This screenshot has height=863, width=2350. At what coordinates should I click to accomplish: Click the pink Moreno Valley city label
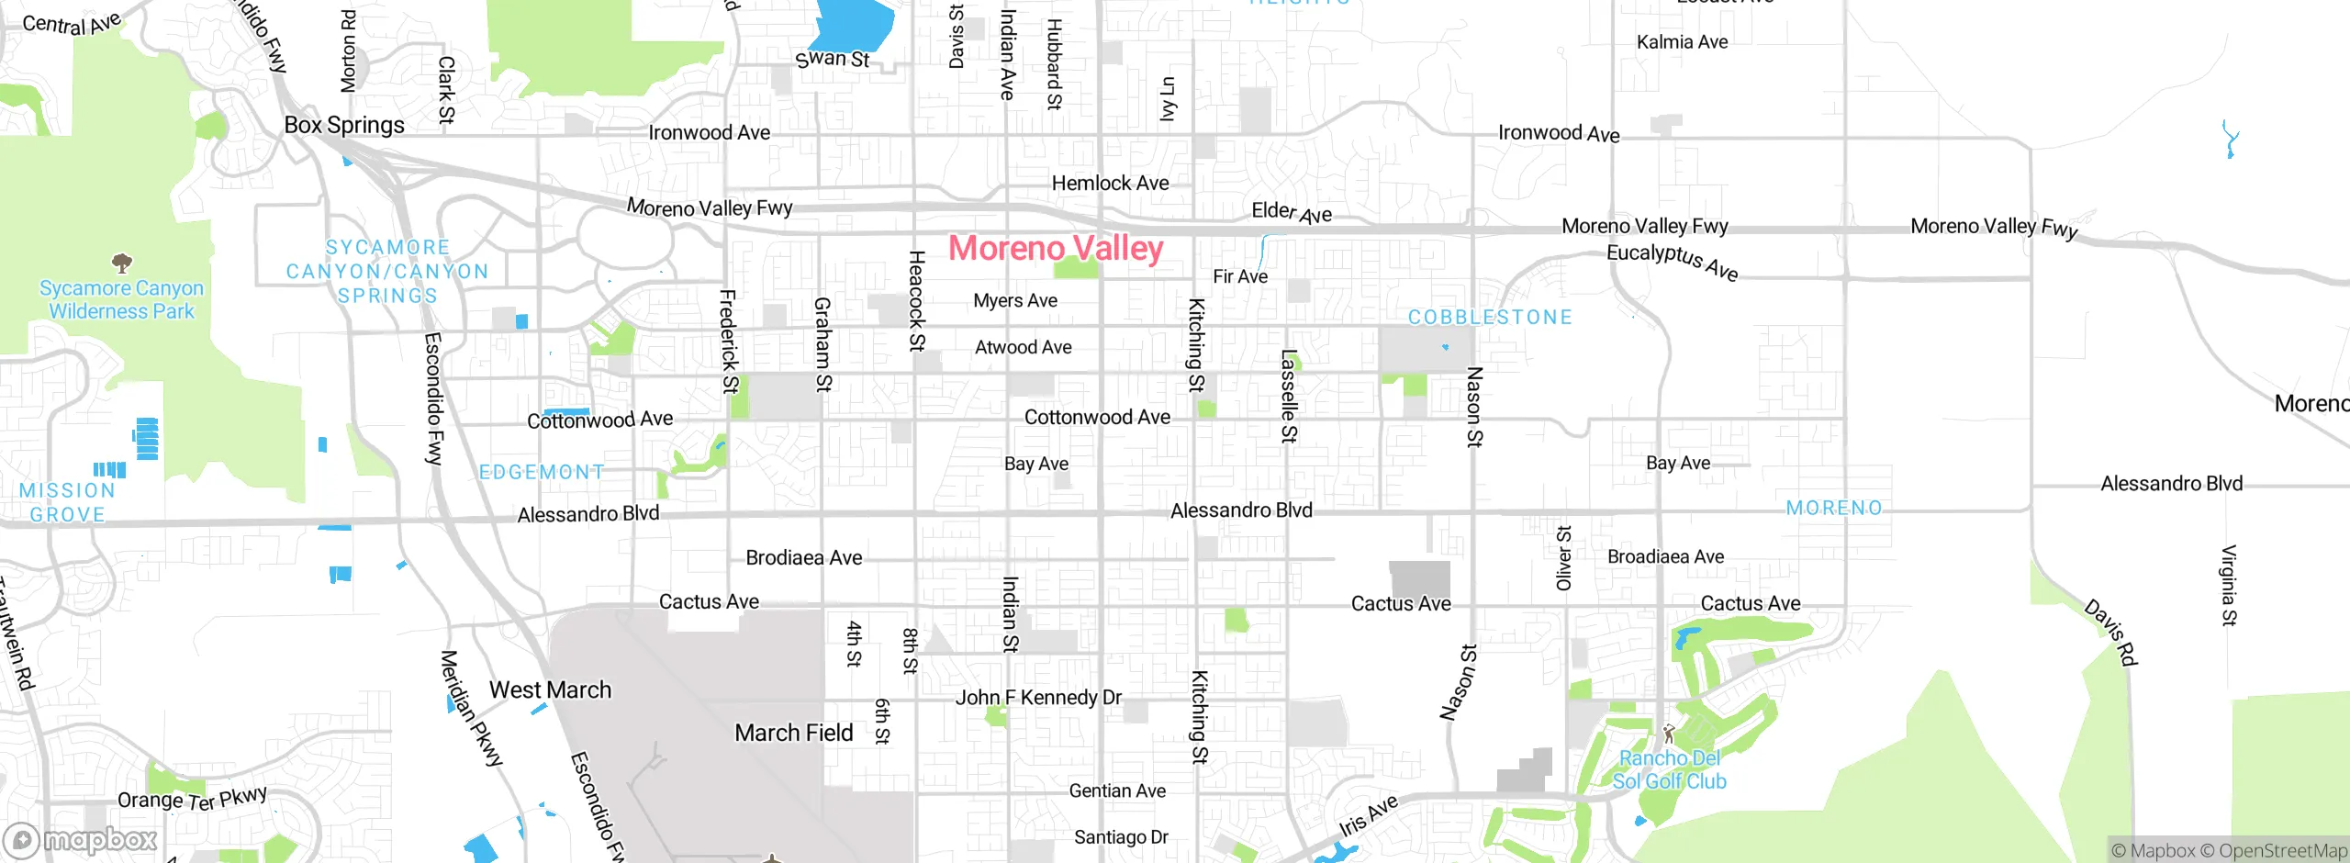click(1056, 248)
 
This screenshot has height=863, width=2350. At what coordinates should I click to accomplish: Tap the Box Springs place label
click(344, 125)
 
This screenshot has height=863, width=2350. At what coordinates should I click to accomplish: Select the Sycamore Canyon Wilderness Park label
click(121, 299)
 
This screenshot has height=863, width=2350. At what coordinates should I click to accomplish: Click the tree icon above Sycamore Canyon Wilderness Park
click(121, 264)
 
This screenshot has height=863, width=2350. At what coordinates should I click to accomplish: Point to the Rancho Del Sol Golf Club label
click(1669, 769)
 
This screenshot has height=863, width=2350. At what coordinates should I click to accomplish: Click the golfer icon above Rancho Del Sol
click(1669, 734)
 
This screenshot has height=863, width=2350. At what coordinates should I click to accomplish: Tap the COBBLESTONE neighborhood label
click(1490, 318)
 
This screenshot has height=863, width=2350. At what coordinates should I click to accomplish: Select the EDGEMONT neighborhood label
click(542, 472)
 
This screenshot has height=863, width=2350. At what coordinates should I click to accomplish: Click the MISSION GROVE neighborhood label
click(67, 502)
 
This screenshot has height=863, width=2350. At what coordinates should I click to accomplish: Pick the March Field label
click(794, 733)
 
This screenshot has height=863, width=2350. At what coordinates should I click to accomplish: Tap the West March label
click(550, 689)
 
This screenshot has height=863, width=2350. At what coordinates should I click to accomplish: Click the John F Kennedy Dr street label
click(1038, 697)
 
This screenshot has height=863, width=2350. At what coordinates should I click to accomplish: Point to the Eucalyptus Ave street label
click(1673, 261)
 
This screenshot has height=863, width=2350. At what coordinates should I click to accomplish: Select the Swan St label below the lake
click(833, 59)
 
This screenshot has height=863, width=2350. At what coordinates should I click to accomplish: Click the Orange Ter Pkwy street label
click(192, 799)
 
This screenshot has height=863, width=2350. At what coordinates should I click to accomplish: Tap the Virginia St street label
click(2229, 586)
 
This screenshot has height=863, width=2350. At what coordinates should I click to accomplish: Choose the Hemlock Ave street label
click(1110, 183)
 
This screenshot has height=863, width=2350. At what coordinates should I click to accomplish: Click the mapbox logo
click(81, 839)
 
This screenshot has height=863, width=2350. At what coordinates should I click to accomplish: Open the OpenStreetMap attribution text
click(2281, 851)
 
